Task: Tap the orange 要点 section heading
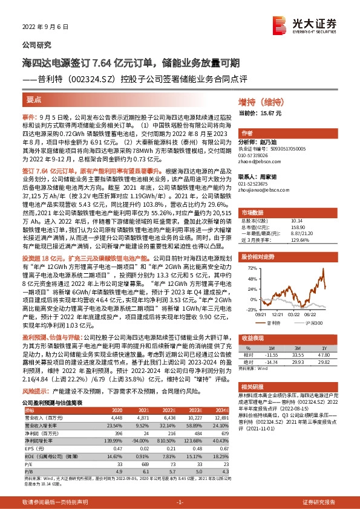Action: click(x=34, y=98)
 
